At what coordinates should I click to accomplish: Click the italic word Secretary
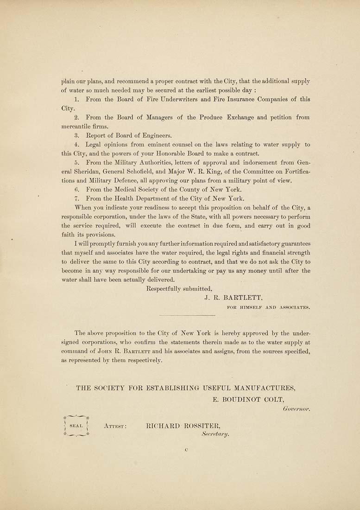215,434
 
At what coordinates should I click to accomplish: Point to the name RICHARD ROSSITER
183,425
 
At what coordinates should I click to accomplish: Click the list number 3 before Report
77,135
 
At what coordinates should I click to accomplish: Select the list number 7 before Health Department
77,198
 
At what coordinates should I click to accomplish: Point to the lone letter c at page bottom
186,449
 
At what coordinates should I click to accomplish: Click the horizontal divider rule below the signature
186,316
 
